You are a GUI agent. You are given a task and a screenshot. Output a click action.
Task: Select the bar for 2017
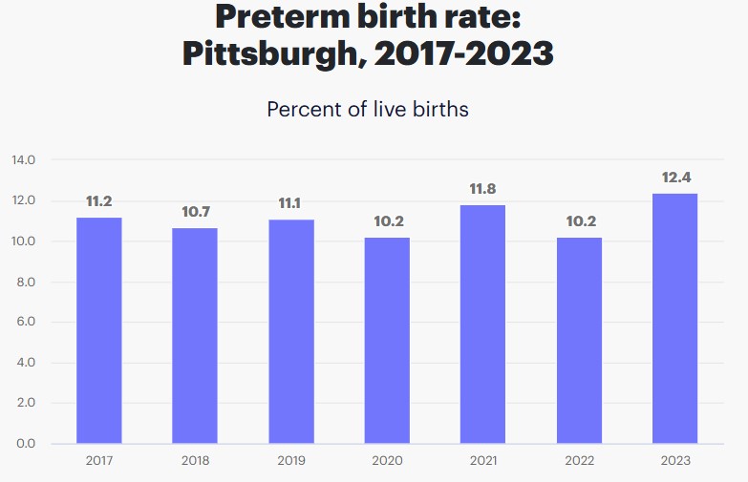point(99,330)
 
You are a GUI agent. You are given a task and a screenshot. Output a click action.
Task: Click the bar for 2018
point(195,335)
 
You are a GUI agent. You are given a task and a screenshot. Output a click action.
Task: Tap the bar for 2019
point(291,331)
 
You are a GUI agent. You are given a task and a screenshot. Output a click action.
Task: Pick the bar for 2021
point(482,325)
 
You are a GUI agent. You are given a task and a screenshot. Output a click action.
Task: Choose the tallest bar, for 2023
point(674,318)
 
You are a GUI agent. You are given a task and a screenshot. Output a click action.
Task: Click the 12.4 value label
point(674,178)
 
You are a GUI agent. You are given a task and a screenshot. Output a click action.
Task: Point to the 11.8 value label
point(482,189)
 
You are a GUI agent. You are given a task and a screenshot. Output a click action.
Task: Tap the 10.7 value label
point(195,212)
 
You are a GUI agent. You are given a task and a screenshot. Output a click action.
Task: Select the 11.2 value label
point(99,201)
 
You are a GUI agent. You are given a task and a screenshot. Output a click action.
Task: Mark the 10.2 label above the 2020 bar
point(387,221)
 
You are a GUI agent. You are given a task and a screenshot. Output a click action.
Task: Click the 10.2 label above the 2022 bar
point(579,221)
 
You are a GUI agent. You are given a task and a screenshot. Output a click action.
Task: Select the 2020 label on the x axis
point(387,461)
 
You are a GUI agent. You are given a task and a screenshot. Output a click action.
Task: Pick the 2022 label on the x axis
point(579,461)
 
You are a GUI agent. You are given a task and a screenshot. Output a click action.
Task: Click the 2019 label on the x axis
point(291,461)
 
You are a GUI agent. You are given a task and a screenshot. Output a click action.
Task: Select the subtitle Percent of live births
point(368,109)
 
